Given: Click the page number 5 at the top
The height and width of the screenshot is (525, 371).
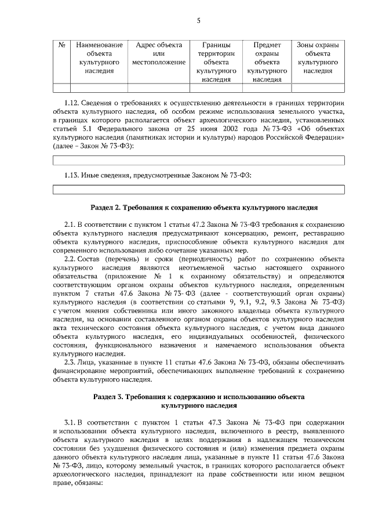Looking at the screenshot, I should pyautogui.click(x=198, y=21).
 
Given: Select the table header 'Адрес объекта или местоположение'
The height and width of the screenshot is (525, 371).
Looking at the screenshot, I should pyautogui.click(x=158, y=53).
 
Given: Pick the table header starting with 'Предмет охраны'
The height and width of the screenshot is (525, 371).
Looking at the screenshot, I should pyautogui.click(x=267, y=61).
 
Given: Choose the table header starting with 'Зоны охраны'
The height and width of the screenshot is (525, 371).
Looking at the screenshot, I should pyautogui.click(x=318, y=57).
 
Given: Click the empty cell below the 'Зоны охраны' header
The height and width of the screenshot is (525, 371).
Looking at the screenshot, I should pyautogui.click(x=318, y=88).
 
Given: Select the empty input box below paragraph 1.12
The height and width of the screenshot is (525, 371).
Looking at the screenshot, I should pyautogui.click(x=198, y=161).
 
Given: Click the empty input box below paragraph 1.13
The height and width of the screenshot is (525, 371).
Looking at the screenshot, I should pyautogui.click(x=198, y=189).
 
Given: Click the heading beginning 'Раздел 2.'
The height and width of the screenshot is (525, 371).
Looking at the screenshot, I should pyautogui.click(x=204, y=207).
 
